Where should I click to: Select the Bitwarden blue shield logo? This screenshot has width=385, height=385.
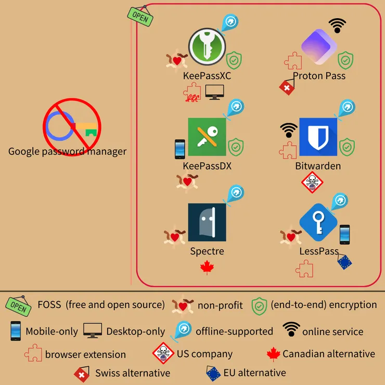pyautogui.click(x=318, y=137)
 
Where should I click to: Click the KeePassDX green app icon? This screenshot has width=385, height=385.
pyautogui.click(x=207, y=137)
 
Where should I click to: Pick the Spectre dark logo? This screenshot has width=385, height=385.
pyautogui.click(x=207, y=222)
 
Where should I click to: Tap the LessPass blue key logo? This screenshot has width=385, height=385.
pyautogui.click(x=317, y=222)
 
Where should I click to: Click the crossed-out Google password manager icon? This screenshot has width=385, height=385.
pyautogui.click(x=72, y=125)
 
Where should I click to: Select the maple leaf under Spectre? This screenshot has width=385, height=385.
pyautogui.click(x=207, y=268)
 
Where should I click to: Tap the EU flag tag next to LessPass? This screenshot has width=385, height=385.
pyautogui.click(x=344, y=262)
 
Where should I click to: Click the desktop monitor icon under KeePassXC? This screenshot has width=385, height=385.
pyautogui.click(x=214, y=92)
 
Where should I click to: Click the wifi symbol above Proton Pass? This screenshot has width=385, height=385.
pyautogui.click(x=337, y=25)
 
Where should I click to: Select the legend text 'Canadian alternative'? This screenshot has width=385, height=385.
pyautogui.click(x=328, y=354)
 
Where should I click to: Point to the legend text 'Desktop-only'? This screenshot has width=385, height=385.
pyautogui.click(x=135, y=331)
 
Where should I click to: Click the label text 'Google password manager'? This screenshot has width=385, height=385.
pyautogui.click(x=67, y=152)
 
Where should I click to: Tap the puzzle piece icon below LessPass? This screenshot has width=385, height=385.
pyautogui.click(x=304, y=269)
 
